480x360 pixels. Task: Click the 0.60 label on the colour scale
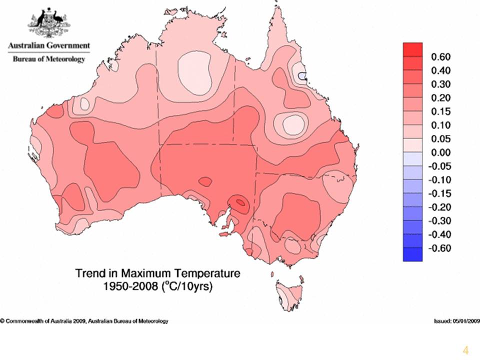(441, 57)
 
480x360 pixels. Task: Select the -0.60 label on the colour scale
(439, 248)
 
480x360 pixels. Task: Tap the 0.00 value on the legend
(441, 152)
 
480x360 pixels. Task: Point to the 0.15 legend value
(441, 111)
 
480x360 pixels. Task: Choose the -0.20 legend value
(439, 207)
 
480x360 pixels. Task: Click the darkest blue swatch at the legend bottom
(412, 254)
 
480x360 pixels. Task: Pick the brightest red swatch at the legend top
(412, 49)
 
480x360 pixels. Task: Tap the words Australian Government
(49, 45)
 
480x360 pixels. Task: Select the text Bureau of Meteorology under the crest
(49, 59)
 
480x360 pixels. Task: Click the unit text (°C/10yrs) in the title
(186, 287)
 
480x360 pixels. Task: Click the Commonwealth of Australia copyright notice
(84, 321)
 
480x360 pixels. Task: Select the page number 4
(465, 350)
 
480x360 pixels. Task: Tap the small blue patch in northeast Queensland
(302, 75)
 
